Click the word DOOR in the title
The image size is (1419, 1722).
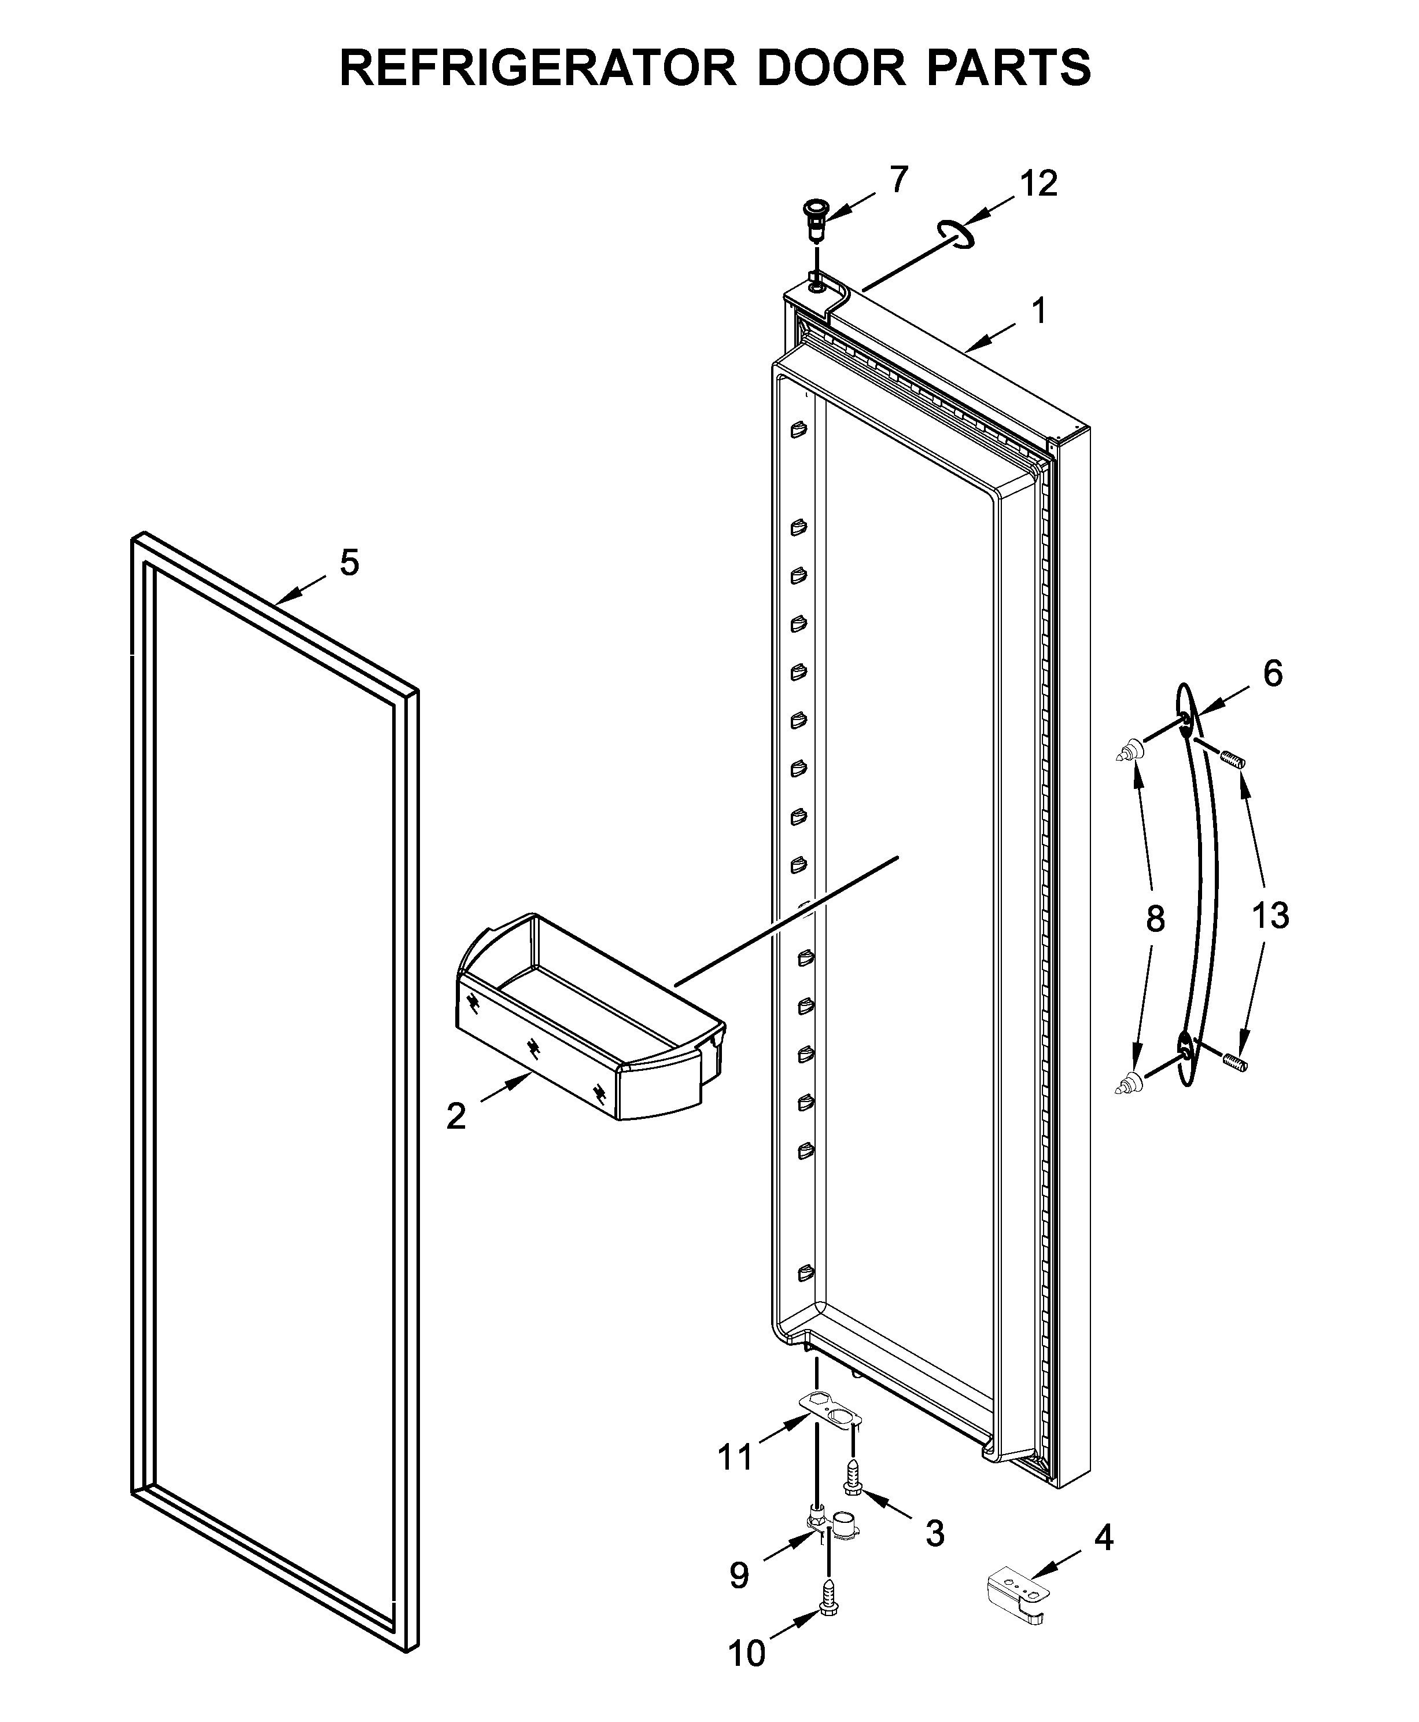click(x=831, y=68)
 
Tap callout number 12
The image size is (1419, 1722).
click(x=1038, y=184)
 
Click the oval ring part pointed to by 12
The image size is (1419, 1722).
click(x=956, y=234)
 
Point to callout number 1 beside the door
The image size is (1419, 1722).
click(x=1039, y=311)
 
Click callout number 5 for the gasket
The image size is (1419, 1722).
click(x=349, y=563)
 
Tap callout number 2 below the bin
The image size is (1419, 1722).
click(x=456, y=1115)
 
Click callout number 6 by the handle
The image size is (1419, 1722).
click(x=1273, y=673)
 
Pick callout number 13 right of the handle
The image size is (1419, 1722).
click(x=1271, y=915)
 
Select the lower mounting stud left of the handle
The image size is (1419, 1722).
click(x=1129, y=1084)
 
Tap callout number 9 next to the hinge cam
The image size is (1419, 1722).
click(x=739, y=1575)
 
